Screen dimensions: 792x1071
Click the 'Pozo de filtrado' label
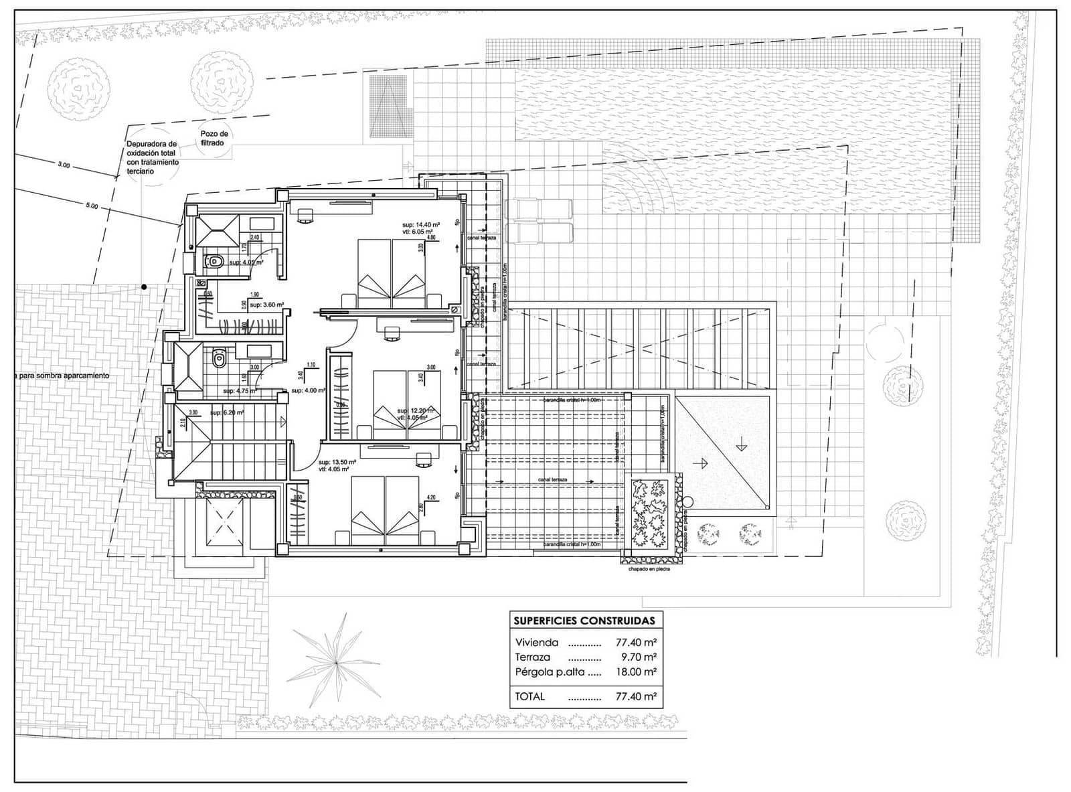tap(214, 139)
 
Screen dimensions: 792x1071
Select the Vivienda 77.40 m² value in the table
tap(635, 642)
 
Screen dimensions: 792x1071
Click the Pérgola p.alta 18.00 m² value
tap(635, 671)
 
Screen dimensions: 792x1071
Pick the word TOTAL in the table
tap(529, 696)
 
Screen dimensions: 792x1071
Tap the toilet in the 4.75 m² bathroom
tap(218, 361)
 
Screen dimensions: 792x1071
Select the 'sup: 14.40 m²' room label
tap(420, 224)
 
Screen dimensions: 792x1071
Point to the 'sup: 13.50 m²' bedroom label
tap(337, 462)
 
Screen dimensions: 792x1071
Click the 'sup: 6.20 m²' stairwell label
tap(226, 413)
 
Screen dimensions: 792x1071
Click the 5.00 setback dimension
tap(92, 207)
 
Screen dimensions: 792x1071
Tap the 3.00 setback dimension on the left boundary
tap(64, 165)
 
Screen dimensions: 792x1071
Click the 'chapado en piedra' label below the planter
tap(649, 569)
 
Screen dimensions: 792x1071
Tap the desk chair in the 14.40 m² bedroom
tap(305, 213)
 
